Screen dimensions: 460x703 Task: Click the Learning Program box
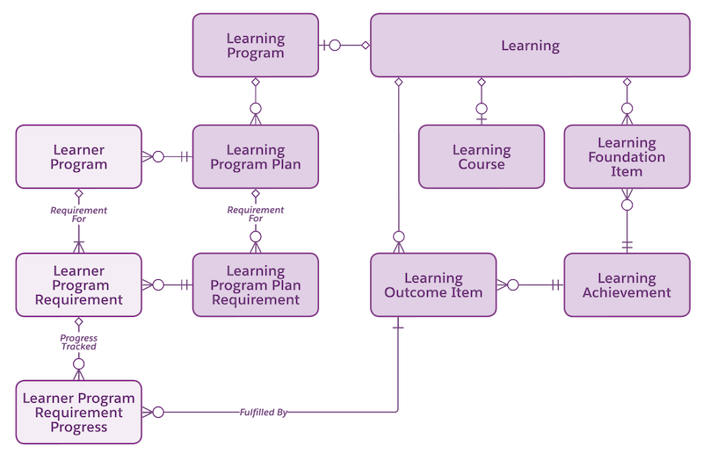[x=255, y=45]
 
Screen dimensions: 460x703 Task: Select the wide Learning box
[x=529, y=45]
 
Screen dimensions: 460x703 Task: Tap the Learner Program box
[x=78, y=156]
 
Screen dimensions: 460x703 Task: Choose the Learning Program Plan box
[x=255, y=156]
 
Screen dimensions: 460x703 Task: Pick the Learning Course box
[x=481, y=156]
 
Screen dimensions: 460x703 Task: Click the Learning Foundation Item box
[x=627, y=156]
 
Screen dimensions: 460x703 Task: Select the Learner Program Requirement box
[x=78, y=285]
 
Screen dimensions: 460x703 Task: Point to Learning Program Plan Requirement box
[x=255, y=285]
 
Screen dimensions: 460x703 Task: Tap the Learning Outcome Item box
[x=432, y=285]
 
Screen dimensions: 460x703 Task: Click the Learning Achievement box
[x=627, y=285]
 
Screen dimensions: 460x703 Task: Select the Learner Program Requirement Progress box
[x=78, y=412]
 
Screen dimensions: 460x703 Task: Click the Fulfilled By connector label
[x=263, y=412]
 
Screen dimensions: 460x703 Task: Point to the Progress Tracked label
[x=78, y=342]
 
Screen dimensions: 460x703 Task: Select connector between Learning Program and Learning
[x=344, y=45]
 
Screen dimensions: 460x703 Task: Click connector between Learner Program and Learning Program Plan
[x=167, y=157]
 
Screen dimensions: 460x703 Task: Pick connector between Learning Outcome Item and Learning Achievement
[x=530, y=285]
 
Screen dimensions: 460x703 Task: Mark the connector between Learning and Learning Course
[x=481, y=100]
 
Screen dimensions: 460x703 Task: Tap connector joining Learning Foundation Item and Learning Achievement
[x=627, y=220]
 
